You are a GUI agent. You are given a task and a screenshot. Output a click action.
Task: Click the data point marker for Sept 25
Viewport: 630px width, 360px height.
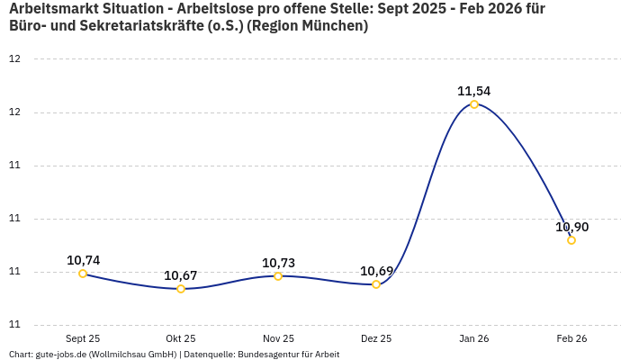[83, 274]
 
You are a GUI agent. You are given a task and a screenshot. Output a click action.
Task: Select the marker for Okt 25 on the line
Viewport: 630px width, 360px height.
[181, 289]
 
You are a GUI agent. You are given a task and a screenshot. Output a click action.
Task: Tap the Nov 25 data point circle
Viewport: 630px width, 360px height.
[278, 276]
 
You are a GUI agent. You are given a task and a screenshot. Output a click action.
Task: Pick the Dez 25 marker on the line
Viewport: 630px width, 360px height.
[376, 284]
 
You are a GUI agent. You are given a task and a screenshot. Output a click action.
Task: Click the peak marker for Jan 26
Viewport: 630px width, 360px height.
[474, 104]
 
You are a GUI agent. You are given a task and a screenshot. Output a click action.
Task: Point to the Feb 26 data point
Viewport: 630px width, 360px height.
[571, 240]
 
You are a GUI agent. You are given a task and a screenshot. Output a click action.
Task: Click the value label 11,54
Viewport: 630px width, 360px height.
[474, 91]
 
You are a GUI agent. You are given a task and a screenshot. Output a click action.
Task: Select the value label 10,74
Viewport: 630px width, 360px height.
[83, 260]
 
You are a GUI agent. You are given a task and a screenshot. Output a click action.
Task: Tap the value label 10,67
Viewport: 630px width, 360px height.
[181, 275]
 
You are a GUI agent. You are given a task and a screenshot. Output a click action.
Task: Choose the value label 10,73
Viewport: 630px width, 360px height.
[278, 263]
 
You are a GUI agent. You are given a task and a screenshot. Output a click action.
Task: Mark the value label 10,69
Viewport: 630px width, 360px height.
[376, 271]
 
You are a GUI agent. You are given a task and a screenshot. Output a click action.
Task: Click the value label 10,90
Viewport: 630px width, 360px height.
[571, 227]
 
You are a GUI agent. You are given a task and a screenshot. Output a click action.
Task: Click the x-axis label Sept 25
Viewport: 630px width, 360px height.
[83, 338]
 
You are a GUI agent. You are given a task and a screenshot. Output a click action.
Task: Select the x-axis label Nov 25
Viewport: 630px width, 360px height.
[278, 338]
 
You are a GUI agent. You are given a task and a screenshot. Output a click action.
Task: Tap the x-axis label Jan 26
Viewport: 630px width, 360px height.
[474, 338]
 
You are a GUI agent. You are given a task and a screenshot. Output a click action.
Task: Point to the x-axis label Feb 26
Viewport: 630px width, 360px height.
[571, 338]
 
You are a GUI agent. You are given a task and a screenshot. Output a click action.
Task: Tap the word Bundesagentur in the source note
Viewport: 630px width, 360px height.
[269, 355]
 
